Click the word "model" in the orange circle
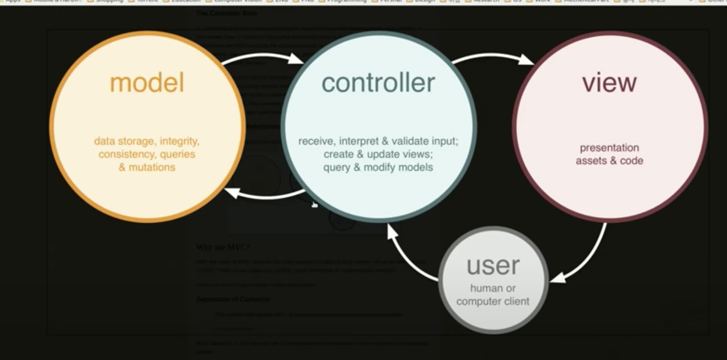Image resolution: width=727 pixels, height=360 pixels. pos(147,83)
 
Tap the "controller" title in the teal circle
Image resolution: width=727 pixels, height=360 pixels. pos(378,83)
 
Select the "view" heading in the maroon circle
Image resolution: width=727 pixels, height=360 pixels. pos(609,83)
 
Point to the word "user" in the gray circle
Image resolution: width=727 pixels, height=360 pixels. pos(493,266)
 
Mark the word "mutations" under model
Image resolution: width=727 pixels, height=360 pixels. pos(152,167)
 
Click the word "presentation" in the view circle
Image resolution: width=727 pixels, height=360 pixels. pos(609,148)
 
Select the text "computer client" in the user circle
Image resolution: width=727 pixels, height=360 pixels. pos(493,301)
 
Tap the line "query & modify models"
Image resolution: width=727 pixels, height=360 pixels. pos(378,167)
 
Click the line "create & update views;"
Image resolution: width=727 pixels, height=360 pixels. pos(378,154)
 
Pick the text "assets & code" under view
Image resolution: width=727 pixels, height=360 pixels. pos(609,161)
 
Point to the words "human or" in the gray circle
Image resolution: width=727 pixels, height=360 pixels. pos(493,289)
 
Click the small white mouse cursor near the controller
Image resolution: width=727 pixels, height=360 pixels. pos(314,204)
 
